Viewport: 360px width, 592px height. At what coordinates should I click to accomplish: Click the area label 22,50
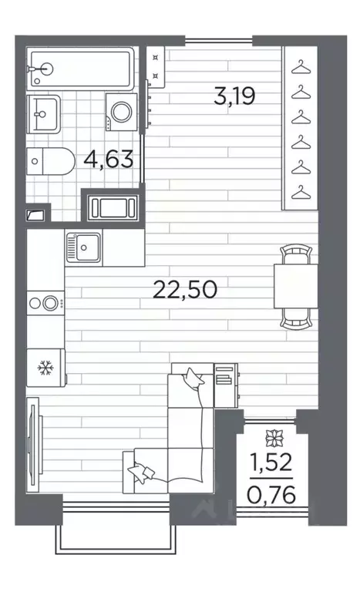(185, 291)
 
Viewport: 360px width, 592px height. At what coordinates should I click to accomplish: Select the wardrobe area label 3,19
(233, 97)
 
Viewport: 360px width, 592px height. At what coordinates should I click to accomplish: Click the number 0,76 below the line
(270, 491)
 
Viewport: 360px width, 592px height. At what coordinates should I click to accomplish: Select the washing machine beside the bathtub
(122, 113)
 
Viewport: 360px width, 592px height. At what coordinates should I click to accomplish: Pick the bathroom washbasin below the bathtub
(44, 114)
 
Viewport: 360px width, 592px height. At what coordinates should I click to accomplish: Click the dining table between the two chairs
(294, 285)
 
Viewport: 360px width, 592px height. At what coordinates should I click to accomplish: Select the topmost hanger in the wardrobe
(300, 66)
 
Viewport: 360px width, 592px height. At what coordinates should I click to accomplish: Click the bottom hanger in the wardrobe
(300, 190)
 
